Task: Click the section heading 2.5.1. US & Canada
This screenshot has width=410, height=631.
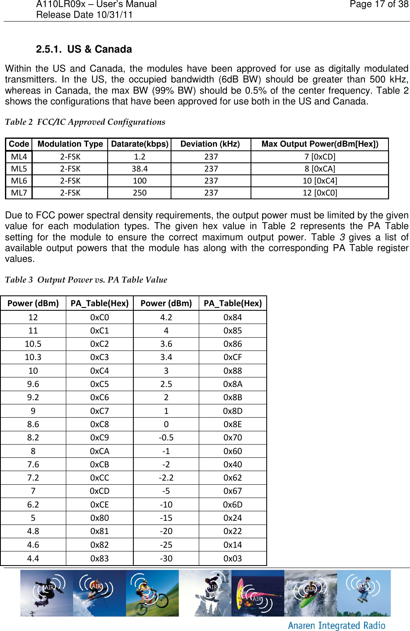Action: point(84,49)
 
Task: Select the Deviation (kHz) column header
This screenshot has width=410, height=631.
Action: point(210,144)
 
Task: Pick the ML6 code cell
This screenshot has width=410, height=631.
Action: point(19,181)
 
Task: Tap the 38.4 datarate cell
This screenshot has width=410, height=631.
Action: point(140,169)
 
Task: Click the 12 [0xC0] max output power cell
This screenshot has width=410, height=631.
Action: point(320,193)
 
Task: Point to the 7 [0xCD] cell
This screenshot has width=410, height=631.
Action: point(320,157)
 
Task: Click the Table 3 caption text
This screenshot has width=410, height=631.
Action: point(86,280)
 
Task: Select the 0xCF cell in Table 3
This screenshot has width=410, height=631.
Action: point(233,357)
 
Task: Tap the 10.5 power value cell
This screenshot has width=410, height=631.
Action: point(33,344)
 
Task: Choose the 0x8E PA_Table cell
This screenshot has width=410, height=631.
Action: point(233,424)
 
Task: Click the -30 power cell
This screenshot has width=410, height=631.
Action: point(166,558)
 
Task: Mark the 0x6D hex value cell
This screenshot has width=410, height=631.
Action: point(233,505)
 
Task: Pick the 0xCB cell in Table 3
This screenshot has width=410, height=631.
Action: point(100,464)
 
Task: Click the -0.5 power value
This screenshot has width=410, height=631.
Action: point(166,438)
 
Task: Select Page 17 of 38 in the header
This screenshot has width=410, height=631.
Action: point(379,5)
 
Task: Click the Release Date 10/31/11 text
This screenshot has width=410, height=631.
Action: point(84,15)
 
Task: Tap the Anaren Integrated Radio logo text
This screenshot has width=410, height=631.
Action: point(336,625)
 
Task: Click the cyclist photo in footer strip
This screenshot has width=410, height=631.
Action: point(152,593)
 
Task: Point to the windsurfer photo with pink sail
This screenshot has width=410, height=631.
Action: point(257,593)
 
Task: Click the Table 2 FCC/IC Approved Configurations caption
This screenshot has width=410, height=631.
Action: point(85,122)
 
